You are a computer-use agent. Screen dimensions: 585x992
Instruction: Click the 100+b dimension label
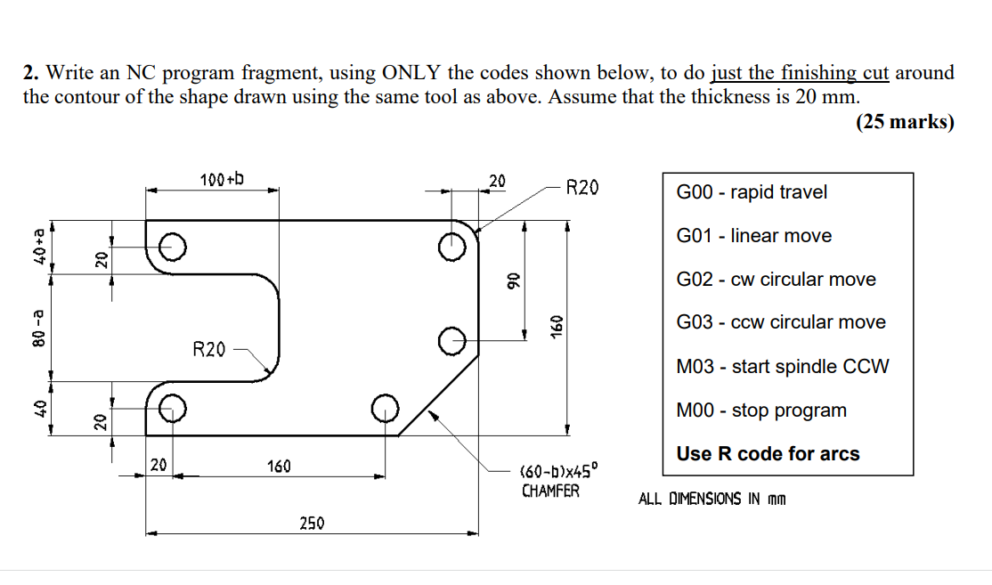(x=222, y=180)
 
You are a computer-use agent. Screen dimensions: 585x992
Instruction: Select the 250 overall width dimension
(x=312, y=523)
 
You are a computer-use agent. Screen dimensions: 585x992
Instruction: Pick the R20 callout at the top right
(x=582, y=187)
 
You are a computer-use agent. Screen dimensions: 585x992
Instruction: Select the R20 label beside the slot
(x=209, y=348)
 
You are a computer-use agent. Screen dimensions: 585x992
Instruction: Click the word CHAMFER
(x=550, y=491)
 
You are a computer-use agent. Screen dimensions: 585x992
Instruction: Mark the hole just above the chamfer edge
(x=454, y=339)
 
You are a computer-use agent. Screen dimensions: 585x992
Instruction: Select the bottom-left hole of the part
(x=173, y=409)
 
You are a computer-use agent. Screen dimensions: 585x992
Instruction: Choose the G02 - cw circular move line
(x=776, y=280)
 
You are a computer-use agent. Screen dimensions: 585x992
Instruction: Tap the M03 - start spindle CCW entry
(x=782, y=367)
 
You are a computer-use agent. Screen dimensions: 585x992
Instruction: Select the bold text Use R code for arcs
(x=768, y=454)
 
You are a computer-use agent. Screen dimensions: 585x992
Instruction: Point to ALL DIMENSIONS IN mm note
(x=711, y=499)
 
